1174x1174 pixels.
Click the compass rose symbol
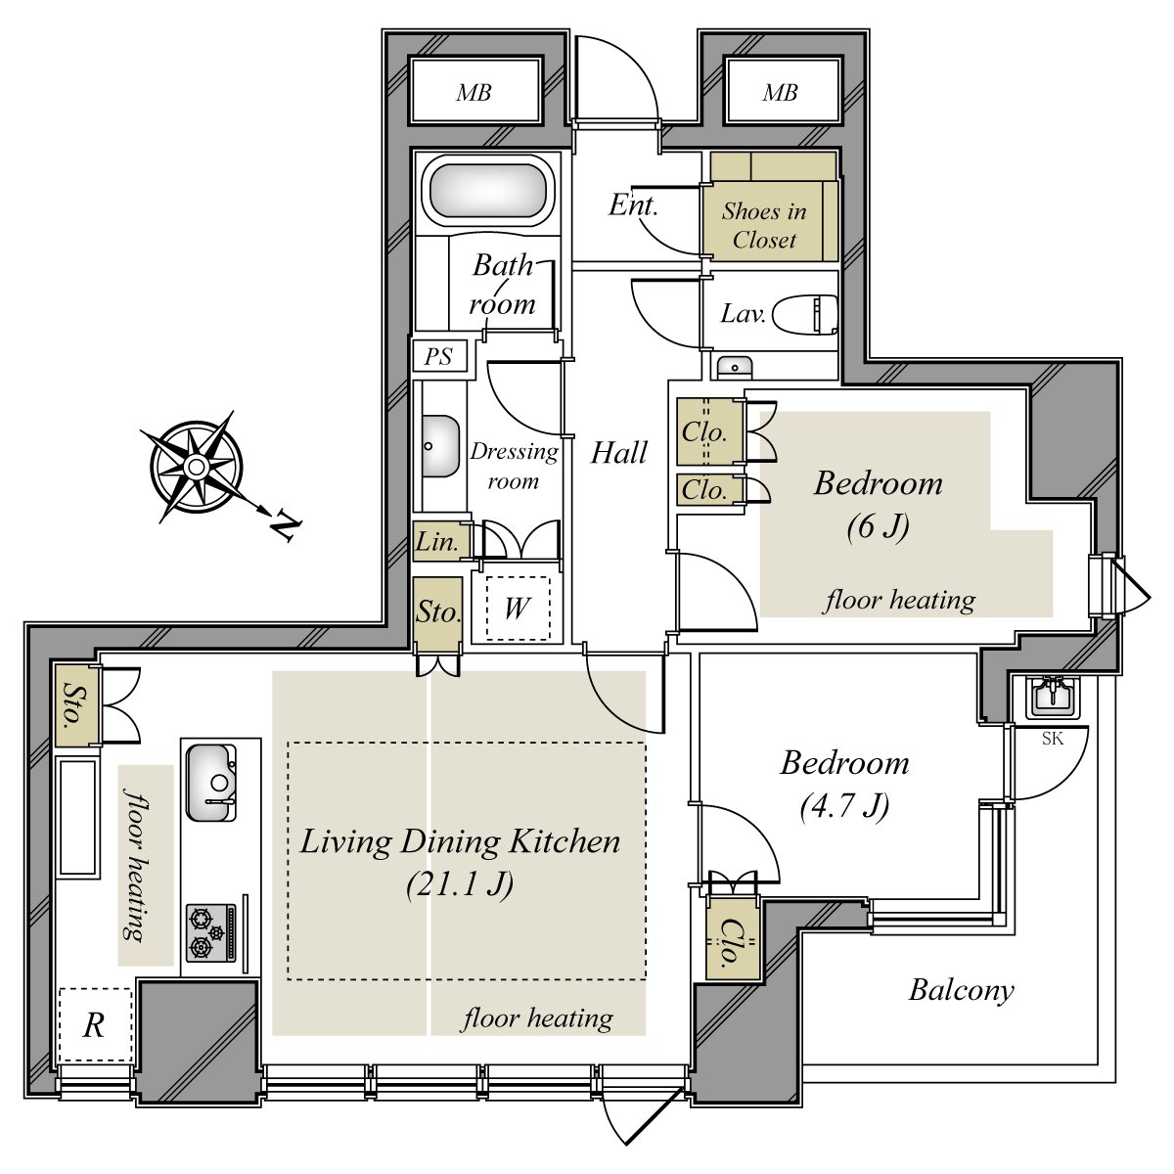196,467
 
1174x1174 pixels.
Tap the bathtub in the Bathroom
486,191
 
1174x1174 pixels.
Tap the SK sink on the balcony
1051,699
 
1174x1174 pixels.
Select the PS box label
438,357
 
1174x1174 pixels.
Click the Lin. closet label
437,542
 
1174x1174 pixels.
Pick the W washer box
517,609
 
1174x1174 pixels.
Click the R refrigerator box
94,1025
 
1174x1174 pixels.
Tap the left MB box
474,92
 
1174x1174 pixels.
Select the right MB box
781,92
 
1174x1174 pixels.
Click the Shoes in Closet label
764,225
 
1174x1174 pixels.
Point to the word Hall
619,452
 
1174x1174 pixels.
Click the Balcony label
961,990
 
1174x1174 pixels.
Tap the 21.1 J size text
459,884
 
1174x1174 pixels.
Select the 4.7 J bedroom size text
843,806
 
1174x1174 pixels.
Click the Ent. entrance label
633,205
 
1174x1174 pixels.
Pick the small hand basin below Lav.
734,367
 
